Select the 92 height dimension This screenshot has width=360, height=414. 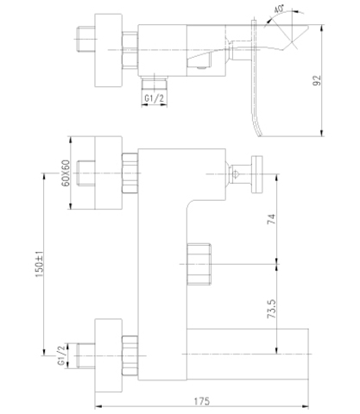click(x=317, y=80)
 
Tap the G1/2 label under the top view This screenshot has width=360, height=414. click(x=154, y=98)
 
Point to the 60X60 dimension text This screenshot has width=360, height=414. click(x=66, y=173)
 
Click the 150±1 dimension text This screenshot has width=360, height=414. click(x=40, y=264)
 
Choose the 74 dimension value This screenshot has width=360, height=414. click(x=272, y=219)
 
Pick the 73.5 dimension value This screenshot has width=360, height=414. click(x=272, y=309)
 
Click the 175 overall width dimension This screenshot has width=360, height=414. click(x=202, y=401)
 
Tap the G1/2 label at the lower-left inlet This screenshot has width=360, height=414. click(x=61, y=355)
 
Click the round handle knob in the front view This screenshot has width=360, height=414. click(x=257, y=174)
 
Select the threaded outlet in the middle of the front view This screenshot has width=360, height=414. click(x=199, y=264)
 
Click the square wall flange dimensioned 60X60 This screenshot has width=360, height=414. click(x=109, y=172)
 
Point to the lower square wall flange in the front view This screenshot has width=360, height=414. click(x=109, y=355)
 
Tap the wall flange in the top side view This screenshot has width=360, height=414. click(x=109, y=50)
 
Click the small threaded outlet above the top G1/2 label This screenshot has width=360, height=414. click(x=155, y=82)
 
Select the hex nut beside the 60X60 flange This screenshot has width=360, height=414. click(x=130, y=173)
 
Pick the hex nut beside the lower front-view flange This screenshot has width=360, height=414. click(x=130, y=355)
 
